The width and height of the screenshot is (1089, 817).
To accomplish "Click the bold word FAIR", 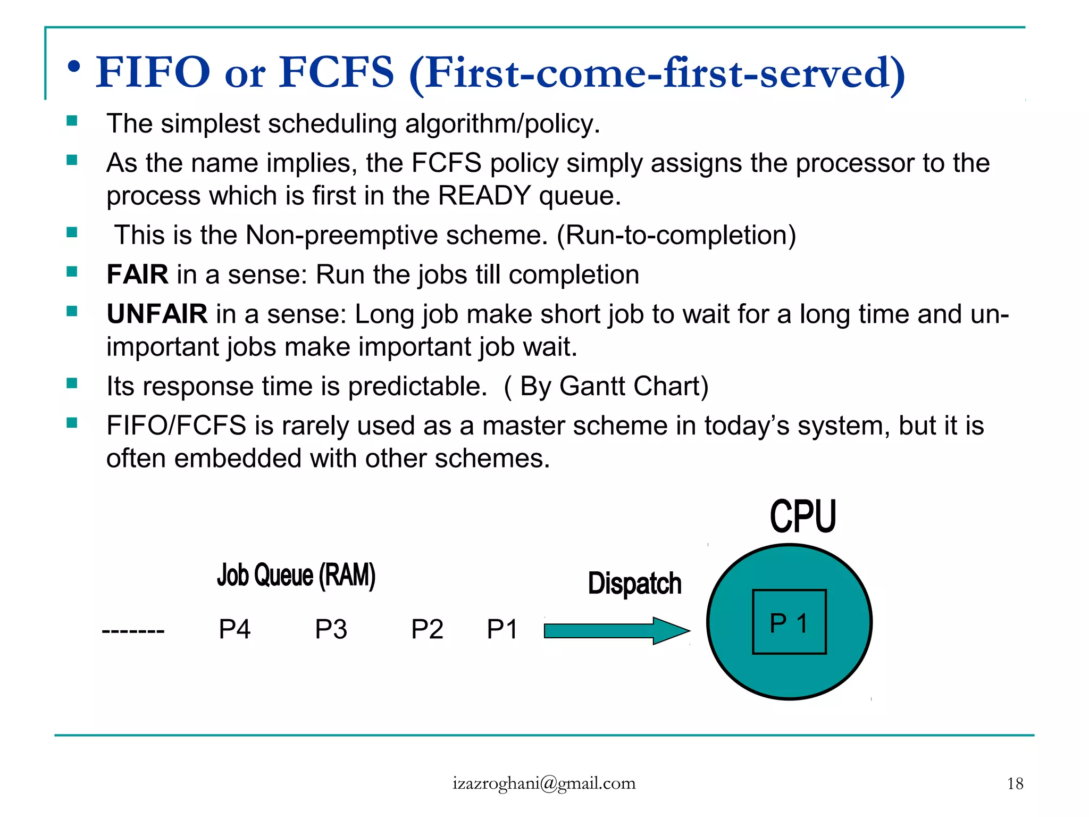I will pos(137,274).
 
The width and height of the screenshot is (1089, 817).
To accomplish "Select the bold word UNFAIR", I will pos(157,314).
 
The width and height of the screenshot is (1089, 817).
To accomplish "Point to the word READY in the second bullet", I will pos(484,196).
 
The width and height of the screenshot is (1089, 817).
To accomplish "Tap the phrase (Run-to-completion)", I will pos(676,235).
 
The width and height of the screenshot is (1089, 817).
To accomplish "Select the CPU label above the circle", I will pos(803,516).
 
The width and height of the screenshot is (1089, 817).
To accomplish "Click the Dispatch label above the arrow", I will pos(634,583).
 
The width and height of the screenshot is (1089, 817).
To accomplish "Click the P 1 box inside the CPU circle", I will pos(789,622).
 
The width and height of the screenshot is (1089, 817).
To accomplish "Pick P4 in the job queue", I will pos(234,629).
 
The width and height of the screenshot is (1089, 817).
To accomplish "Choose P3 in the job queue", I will pos(331,629).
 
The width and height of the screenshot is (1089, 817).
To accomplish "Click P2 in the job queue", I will pos(427,629).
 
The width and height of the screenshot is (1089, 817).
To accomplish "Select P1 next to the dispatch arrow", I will pos(502,629).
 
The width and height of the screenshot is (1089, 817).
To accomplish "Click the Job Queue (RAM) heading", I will pos(296,576).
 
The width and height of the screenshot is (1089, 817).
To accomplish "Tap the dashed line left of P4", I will pos(133,631).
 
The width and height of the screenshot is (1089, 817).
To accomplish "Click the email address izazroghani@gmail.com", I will pos(544,783).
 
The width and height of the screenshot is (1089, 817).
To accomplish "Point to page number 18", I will pos(1015,783).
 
